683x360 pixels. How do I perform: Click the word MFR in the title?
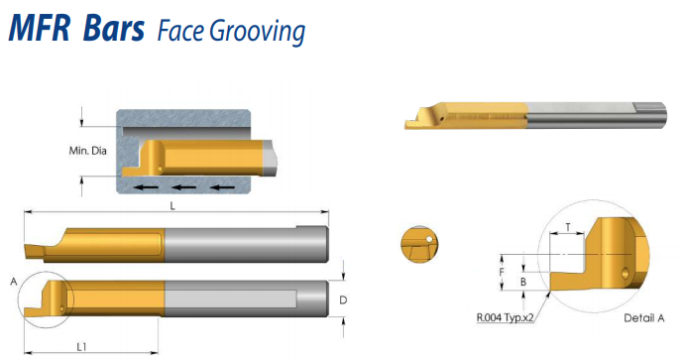(40, 29)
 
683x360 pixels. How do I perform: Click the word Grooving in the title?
(257, 32)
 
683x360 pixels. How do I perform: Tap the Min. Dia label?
(87, 151)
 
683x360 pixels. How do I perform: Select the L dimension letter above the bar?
(172, 206)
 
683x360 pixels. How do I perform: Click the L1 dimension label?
(81, 347)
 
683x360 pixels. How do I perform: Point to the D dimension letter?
(343, 300)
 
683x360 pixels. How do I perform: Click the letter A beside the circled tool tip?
(14, 282)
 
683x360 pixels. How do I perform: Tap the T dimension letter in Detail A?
(568, 227)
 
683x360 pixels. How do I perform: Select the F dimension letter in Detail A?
(502, 272)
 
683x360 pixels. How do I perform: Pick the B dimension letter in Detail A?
(523, 282)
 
